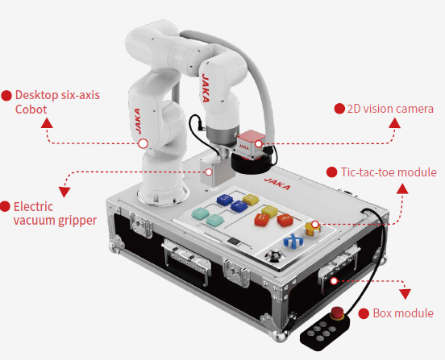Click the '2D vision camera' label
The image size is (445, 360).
pos(390,109)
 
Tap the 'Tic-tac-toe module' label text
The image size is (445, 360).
pos(389,172)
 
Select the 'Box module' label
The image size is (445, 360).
pos(403,313)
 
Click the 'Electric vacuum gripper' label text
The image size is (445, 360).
pos(55,213)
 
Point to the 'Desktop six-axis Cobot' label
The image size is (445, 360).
pos(57,102)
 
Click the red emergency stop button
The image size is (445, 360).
pos(338,312)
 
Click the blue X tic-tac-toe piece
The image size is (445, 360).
pos(293,242)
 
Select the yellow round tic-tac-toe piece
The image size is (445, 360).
pos(314,229)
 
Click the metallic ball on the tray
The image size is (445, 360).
pos(275,254)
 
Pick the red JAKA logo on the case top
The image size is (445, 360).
pos(277,184)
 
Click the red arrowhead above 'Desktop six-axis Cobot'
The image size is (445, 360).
pos(47,123)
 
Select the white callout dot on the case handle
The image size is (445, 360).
pos(334,281)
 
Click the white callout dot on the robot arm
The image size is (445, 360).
pos(143,143)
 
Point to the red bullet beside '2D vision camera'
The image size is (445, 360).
pos(339,109)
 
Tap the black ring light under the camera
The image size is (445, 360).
pos(250,163)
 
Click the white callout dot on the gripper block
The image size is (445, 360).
pos(209,172)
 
